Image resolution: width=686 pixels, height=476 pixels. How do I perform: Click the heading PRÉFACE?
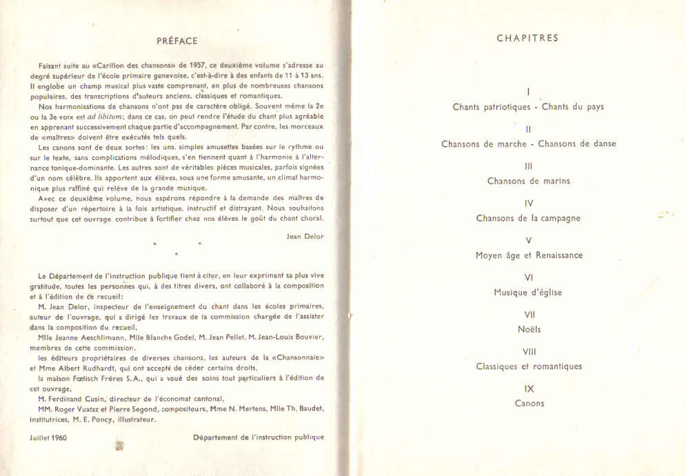coord(176,41)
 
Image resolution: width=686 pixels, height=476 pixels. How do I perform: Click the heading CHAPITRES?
coord(527,38)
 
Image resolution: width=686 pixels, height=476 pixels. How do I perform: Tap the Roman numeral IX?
coord(529,389)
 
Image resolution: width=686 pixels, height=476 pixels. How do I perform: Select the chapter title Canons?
coord(529,404)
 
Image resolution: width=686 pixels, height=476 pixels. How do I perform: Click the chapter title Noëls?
coord(529,329)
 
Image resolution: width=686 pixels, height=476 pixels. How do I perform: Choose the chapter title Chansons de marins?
coord(528,181)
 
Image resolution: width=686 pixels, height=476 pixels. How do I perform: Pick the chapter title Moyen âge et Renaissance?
coord(529,255)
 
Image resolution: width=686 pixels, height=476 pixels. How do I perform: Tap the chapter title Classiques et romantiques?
coord(529,366)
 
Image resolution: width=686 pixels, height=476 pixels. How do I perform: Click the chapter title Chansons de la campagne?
coord(528,219)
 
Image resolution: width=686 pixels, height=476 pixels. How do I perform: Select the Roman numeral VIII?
coord(529,352)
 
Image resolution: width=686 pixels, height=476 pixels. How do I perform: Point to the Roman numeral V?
coord(528,241)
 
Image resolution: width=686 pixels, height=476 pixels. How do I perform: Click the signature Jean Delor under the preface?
coord(304,236)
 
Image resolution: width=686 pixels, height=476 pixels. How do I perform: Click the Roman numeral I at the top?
coord(527,92)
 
